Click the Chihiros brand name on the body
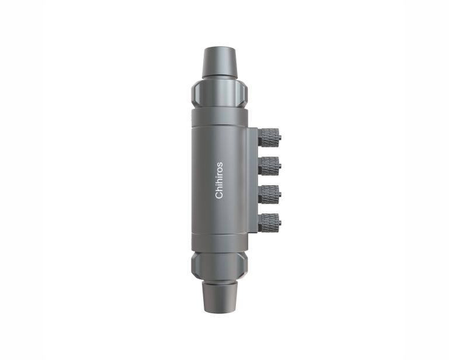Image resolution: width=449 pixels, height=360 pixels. tap(219, 180)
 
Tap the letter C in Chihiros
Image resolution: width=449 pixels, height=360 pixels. tap(219, 195)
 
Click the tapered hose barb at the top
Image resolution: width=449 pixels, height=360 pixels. tap(220, 63)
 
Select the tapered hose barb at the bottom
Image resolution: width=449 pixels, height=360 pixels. tap(220, 297)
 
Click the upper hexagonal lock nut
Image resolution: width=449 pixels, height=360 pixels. tap(220, 94)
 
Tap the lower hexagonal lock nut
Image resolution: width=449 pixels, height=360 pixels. tap(220, 266)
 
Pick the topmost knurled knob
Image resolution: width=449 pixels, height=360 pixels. tap(269, 137)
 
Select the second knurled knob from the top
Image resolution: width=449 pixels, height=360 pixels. tap(269, 166)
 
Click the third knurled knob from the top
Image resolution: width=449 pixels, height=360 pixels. tap(269, 195)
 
